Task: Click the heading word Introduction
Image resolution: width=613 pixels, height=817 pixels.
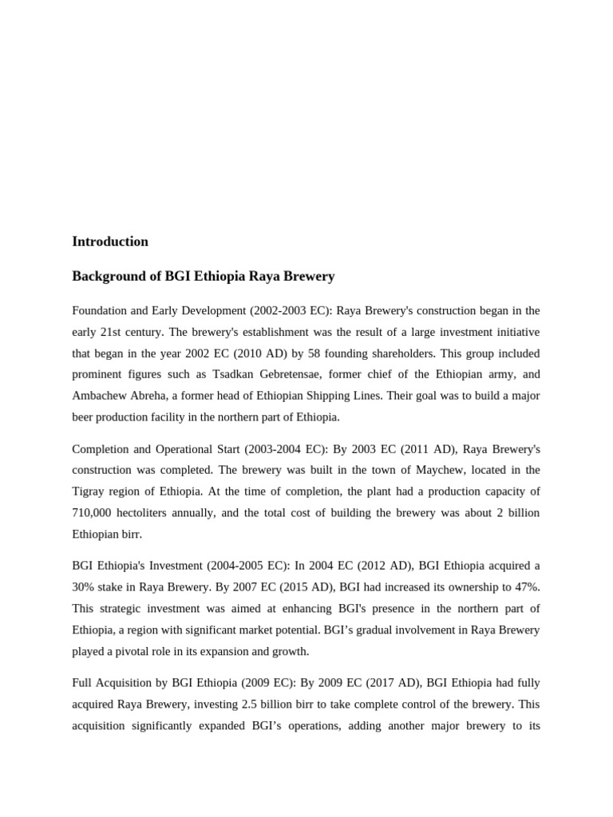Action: (x=110, y=242)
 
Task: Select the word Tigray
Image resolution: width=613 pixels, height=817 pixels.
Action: (x=89, y=492)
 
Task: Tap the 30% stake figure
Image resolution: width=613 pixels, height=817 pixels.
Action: (x=85, y=587)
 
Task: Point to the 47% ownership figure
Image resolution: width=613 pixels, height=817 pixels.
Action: (x=526, y=587)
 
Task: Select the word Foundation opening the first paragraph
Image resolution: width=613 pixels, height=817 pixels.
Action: (x=101, y=310)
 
